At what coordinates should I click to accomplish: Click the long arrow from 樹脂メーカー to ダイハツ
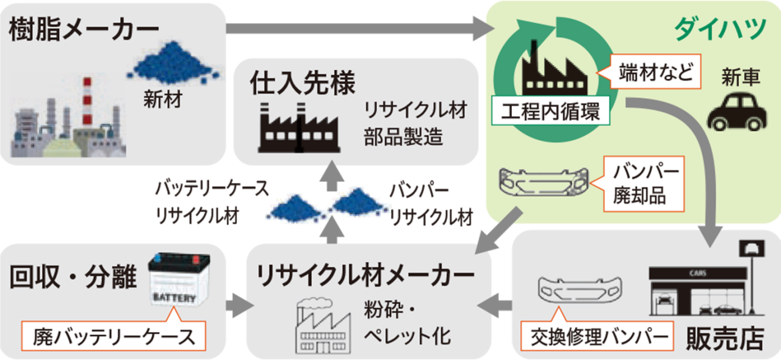pos(360,27)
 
